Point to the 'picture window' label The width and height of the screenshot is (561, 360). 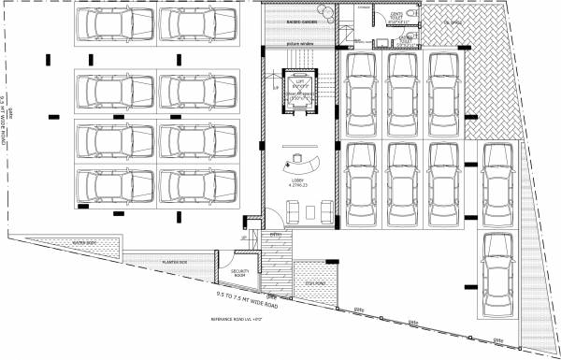300,44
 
